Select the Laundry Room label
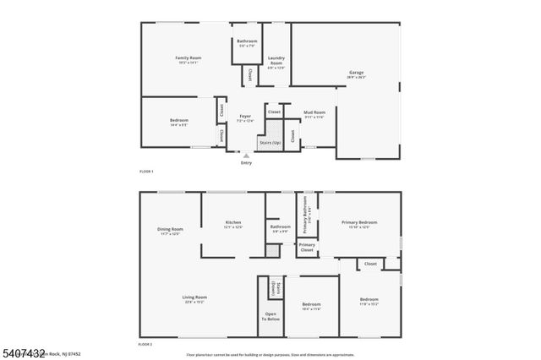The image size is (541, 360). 276,61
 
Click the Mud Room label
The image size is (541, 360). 314,112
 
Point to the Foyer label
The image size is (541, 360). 245,117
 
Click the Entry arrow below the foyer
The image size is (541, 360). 246,155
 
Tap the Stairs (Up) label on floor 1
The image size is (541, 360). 270,143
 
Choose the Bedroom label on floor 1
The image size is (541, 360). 179,121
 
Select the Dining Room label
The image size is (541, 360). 169,230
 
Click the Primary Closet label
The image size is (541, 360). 307,247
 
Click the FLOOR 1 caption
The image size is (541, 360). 147,172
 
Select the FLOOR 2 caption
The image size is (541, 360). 147,345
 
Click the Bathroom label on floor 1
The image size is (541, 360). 247,41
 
